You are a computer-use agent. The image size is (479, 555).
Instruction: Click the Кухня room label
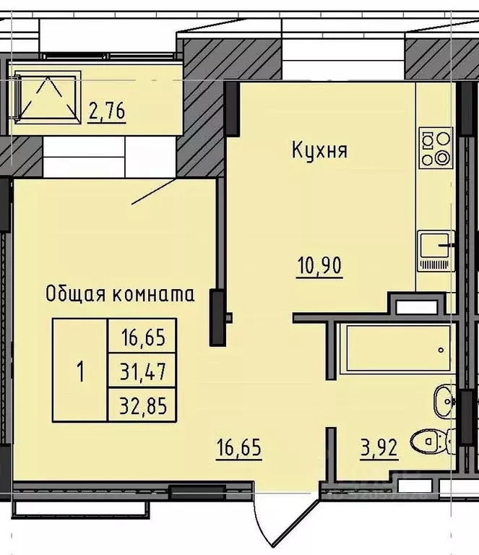319,151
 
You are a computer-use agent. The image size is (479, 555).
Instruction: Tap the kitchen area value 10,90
319,265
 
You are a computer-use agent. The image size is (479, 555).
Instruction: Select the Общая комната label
120,294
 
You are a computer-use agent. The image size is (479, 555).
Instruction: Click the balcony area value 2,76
107,112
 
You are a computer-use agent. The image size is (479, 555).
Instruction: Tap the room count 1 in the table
79,372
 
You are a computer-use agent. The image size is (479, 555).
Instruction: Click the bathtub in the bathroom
394,349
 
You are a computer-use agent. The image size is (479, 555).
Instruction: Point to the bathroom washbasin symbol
443,399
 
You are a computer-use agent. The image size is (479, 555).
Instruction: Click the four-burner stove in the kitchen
435,147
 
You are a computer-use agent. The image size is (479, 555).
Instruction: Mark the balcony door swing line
154,192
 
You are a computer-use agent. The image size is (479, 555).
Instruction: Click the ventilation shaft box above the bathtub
413,304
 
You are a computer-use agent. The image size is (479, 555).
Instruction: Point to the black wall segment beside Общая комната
216,317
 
